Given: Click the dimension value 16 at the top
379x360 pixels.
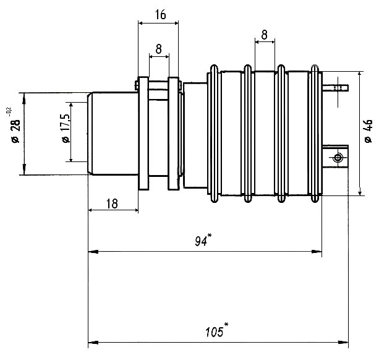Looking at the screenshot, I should click(160, 15).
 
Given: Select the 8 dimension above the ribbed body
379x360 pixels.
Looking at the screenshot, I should click(265, 35).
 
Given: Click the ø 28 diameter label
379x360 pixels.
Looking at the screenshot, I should click(16, 132).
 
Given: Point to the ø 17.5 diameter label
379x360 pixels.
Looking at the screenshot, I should click(65, 131).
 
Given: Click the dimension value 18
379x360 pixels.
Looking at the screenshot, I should click(113, 204).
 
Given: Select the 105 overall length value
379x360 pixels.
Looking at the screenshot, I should click(213, 332).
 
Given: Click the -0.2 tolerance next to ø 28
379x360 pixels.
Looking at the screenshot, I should click(8, 111).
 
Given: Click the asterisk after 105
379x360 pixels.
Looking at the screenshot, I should click(226, 326).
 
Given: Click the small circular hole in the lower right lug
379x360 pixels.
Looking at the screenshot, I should click(338, 158).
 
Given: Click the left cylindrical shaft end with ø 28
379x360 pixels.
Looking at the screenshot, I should click(111, 133).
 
